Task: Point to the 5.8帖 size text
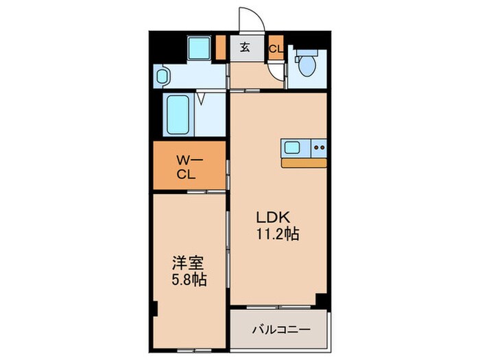(189, 280)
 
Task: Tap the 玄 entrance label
(245, 48)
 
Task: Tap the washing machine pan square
(199, 48)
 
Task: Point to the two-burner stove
(318, 147)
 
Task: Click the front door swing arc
(248, 19)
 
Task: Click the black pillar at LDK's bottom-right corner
(321, 300)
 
